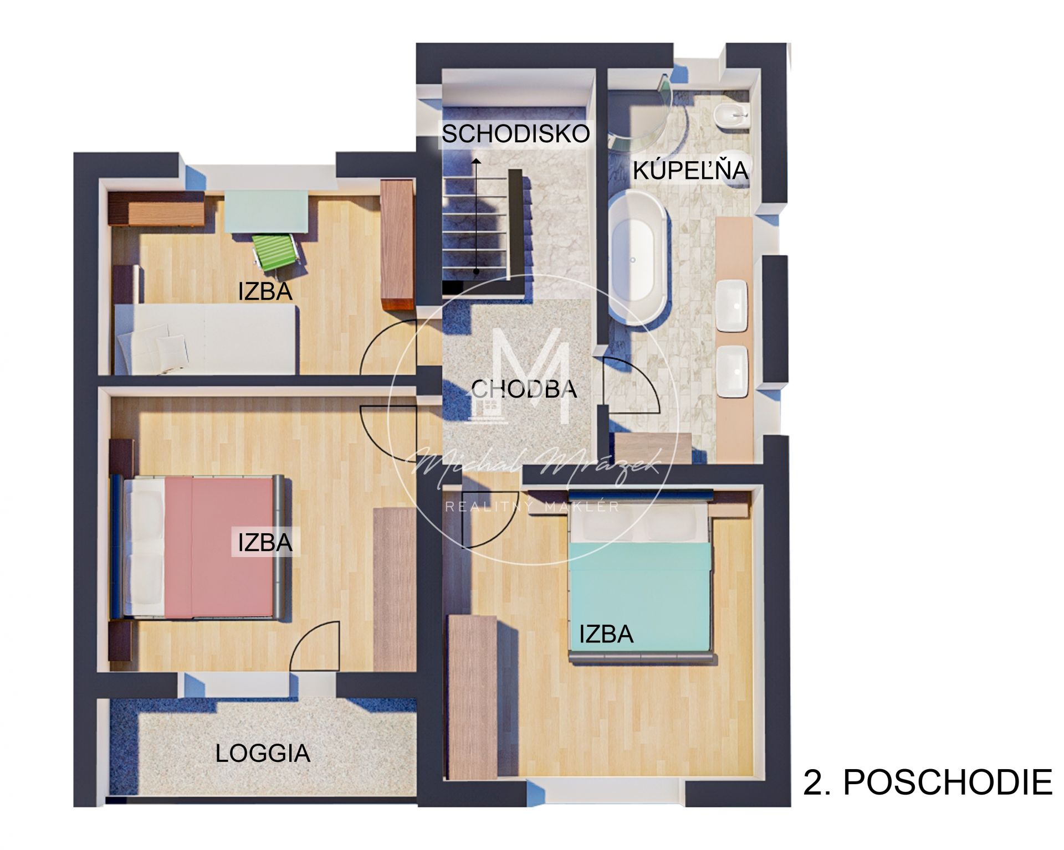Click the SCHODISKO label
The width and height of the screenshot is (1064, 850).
tap(516, 134)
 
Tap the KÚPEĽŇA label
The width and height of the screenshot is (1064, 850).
tap(691, 169)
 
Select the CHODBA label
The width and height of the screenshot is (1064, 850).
tap(524, 389)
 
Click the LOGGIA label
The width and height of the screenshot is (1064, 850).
tap(263, 753)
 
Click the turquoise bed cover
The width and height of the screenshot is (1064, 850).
tap(641, 595)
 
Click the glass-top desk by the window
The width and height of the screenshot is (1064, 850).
tap(266, 212)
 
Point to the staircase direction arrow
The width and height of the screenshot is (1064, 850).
tap(476, 215)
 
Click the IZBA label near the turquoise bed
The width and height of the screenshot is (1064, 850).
tap(606, 634)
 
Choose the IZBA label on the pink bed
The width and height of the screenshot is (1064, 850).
tap(265, 543)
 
